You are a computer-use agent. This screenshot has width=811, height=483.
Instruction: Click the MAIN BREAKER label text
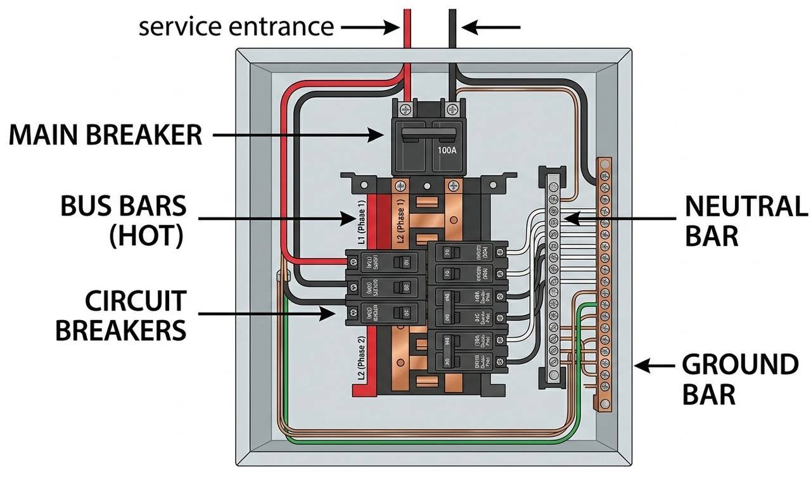click(105, 135)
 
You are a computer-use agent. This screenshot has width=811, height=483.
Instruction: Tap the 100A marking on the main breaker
click(445, 151)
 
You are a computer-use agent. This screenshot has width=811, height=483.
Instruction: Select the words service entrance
click(236, 27)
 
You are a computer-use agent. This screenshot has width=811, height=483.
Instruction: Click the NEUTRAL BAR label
click(746, 221)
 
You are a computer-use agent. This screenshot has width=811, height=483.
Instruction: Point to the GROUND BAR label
click(739, 379)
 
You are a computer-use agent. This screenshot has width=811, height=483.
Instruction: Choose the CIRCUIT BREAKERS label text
click(121, 316)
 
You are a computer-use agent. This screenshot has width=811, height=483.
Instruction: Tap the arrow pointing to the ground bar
click(653, 366)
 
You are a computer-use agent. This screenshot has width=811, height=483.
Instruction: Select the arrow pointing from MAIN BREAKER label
click(298, 134)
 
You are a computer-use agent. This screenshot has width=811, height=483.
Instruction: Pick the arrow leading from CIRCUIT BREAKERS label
click(266, 312)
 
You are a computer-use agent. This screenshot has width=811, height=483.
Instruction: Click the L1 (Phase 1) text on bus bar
click(362, 222)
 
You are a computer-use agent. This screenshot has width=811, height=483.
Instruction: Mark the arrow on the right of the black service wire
click(491, 27)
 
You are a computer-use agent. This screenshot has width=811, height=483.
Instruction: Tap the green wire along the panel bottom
click(431, 441)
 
